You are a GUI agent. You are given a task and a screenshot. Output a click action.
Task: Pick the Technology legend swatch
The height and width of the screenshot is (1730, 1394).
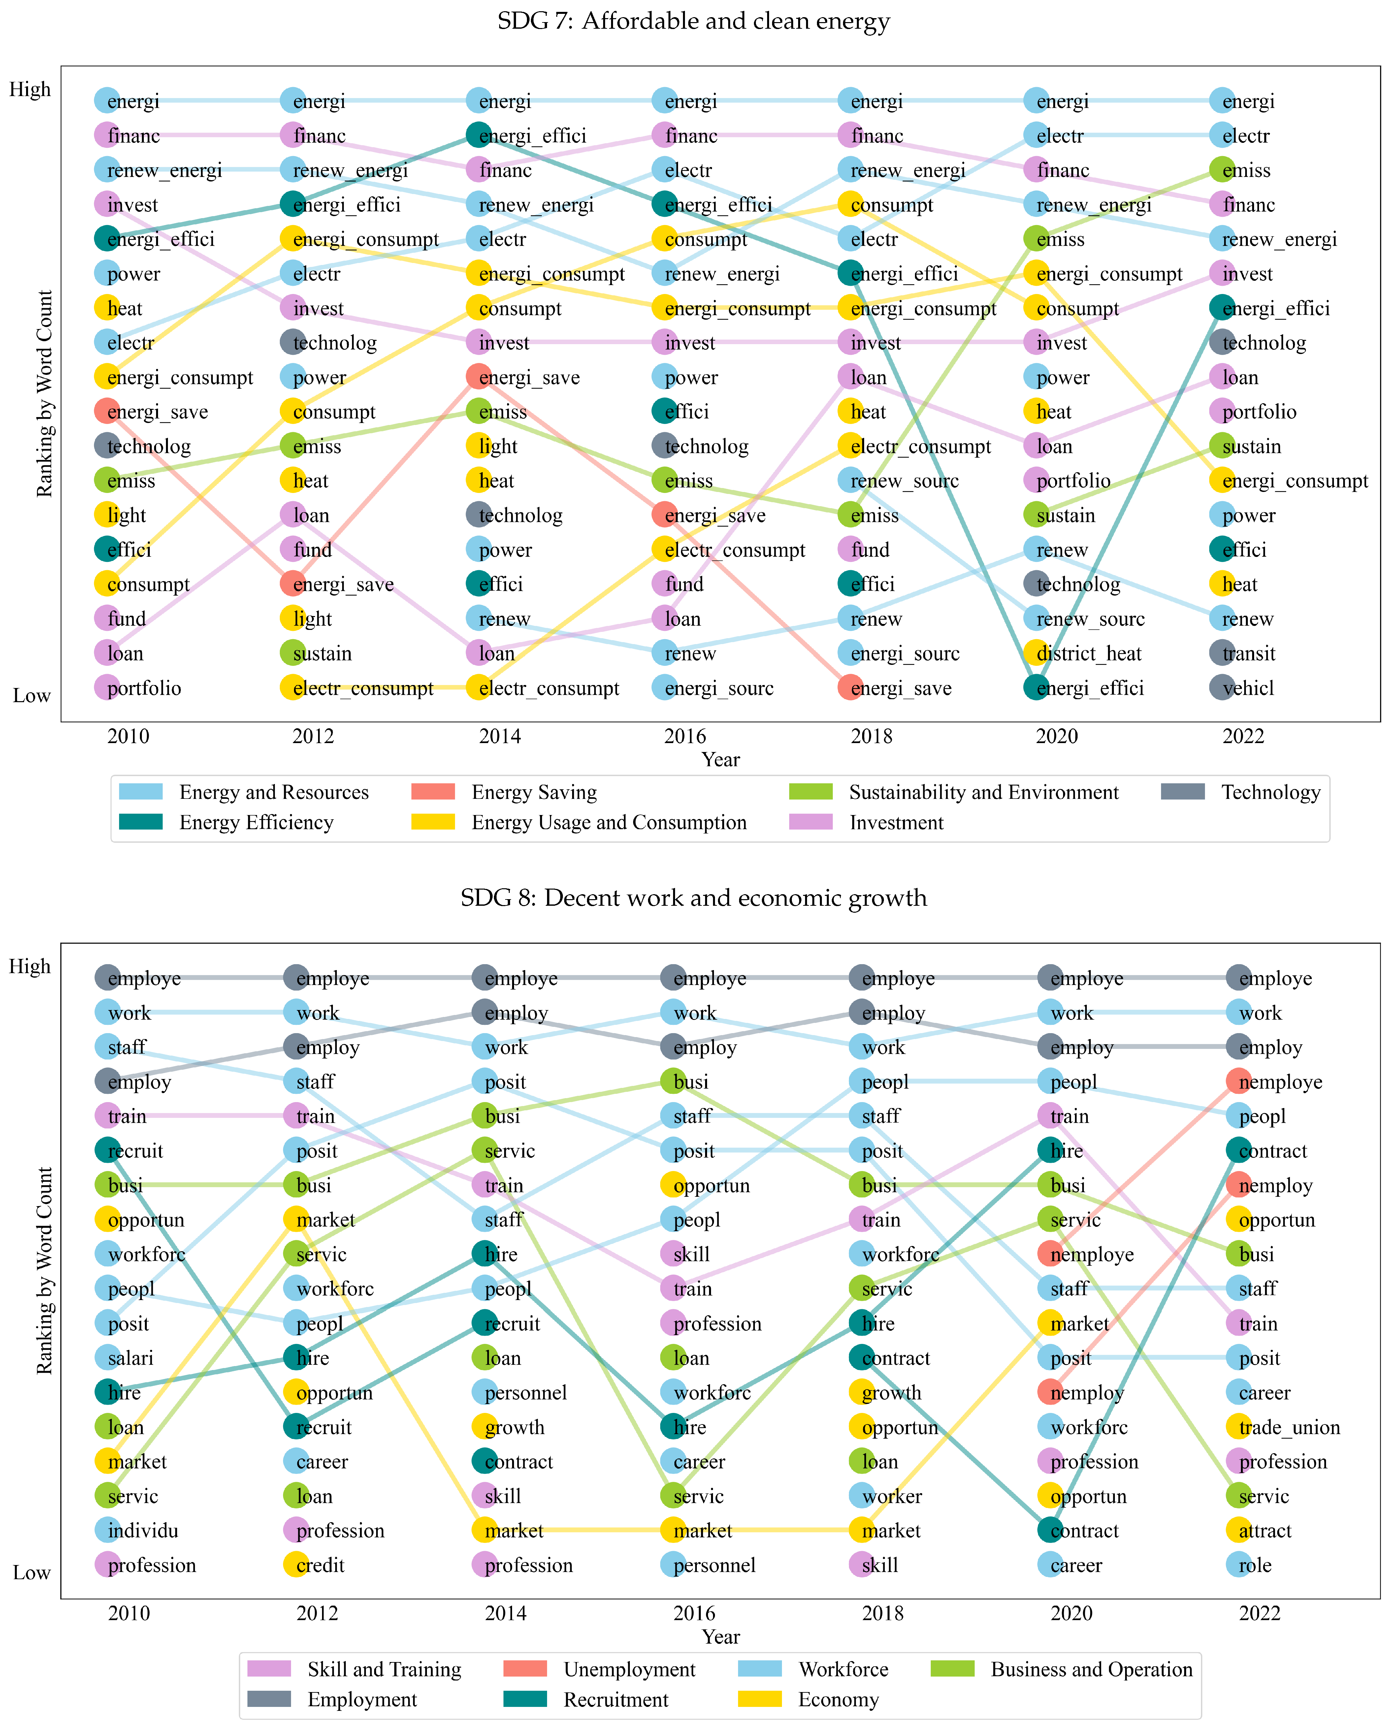1183,793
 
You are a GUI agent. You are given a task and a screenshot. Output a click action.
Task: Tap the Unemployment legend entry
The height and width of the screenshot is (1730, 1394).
629,1670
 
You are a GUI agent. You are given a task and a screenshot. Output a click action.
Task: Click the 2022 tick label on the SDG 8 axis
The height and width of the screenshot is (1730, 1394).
1259,1614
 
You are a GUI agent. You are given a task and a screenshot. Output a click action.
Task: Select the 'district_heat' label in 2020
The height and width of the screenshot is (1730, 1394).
1089,654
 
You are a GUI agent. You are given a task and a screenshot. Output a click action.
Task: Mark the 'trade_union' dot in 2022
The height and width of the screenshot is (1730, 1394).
1239,1427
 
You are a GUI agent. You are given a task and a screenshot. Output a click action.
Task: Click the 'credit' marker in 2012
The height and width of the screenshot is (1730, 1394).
296,1565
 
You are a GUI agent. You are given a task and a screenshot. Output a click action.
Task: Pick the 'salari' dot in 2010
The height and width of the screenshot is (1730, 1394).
108,1358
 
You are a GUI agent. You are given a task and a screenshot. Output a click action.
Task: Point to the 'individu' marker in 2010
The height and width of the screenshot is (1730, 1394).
108,1531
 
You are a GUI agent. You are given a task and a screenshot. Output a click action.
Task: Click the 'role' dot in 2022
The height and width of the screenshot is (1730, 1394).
1239,1565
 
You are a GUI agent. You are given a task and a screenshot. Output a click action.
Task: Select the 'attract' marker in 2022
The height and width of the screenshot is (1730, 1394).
1239,1531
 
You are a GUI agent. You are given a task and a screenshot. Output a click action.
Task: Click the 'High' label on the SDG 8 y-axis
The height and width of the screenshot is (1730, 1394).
30,966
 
